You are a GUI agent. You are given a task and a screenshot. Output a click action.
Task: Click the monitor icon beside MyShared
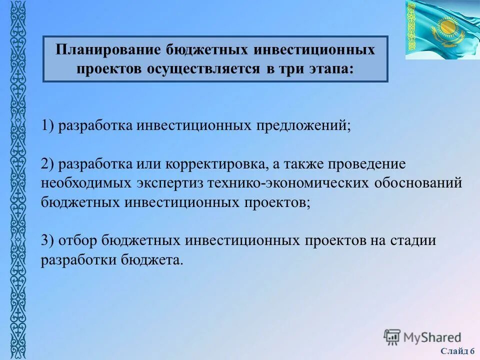click(x=392, y=336)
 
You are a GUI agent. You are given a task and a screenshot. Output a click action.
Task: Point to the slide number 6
click(x=472, y=351)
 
